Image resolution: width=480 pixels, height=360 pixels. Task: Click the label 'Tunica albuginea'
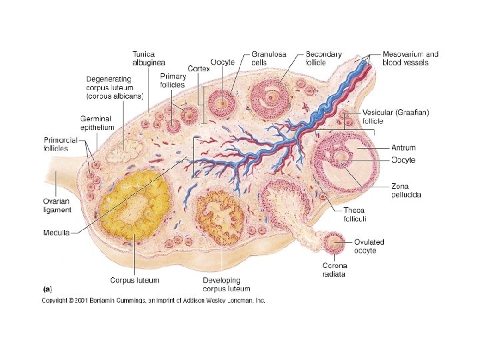point(149,57)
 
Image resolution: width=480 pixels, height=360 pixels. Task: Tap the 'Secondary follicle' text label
point(323,58)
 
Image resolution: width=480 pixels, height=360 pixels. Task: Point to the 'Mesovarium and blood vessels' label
point(410,58)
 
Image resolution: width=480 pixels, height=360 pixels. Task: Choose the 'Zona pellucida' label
point(406,191)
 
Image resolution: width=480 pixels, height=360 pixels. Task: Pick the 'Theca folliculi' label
point(355,213)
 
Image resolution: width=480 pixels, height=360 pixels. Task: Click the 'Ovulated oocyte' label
point(369,246)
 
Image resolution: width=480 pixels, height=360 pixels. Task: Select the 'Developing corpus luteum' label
point(227,285)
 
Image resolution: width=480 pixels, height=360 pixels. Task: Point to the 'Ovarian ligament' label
point(57,206)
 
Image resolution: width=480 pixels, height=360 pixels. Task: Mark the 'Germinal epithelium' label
point(98,123)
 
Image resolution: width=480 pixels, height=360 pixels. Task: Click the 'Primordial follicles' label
point(61,144)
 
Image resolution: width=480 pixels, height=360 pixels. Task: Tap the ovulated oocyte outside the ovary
point(334,245)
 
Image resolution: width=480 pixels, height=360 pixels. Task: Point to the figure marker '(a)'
point(47,290)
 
